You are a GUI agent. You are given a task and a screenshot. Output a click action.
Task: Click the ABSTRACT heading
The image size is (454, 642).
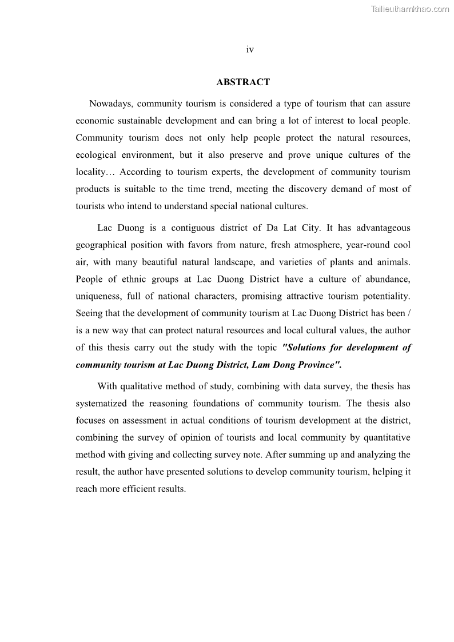click(243, 82)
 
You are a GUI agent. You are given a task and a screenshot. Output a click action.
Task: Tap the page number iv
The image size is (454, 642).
click(250, 50)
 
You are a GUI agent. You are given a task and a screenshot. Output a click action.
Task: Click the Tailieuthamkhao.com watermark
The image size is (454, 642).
click(410, 9)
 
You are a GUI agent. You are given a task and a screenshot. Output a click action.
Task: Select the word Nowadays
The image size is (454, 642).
click(111, 104)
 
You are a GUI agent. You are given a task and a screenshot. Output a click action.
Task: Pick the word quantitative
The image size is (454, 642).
click(386, 438)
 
